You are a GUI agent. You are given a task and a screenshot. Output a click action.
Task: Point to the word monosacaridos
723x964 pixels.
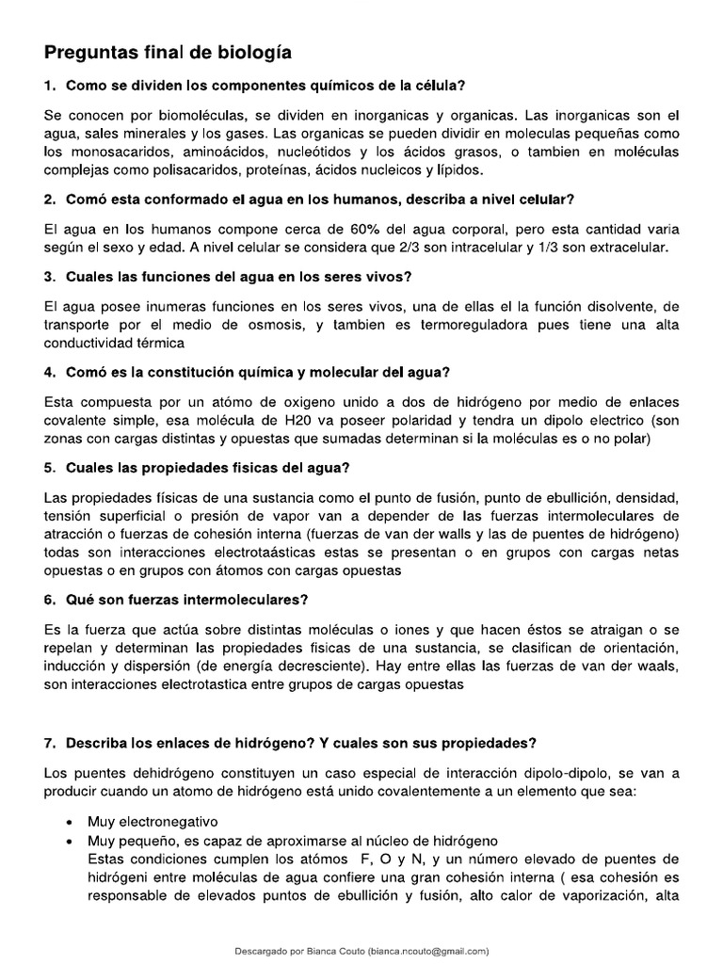click(107, 152)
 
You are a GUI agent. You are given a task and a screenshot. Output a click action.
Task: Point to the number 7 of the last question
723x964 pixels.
click(51, 744)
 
